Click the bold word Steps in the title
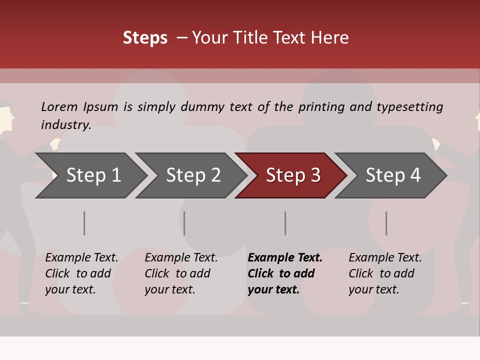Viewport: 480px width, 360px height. click(x=145, y=38)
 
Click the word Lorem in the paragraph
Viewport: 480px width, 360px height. click(x=59, y=106)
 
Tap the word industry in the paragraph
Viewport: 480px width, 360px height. click(x=65, y=124)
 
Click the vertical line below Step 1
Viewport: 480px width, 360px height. click(x=84, y=223)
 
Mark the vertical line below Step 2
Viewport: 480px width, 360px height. click(x=184, y=223)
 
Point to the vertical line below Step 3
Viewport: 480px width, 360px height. click(x=285, y=223)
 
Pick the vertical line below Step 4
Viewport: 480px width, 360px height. click(x=386, y=223)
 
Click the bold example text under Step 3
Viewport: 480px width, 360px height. click(x=284, y=273)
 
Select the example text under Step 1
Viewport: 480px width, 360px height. click(x=81, y=273)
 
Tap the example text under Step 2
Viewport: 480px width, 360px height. click(x=181, y=273)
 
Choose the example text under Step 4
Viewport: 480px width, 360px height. click(x=385, y=273)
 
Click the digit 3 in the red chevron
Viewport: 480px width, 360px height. click(x=315, y=175)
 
